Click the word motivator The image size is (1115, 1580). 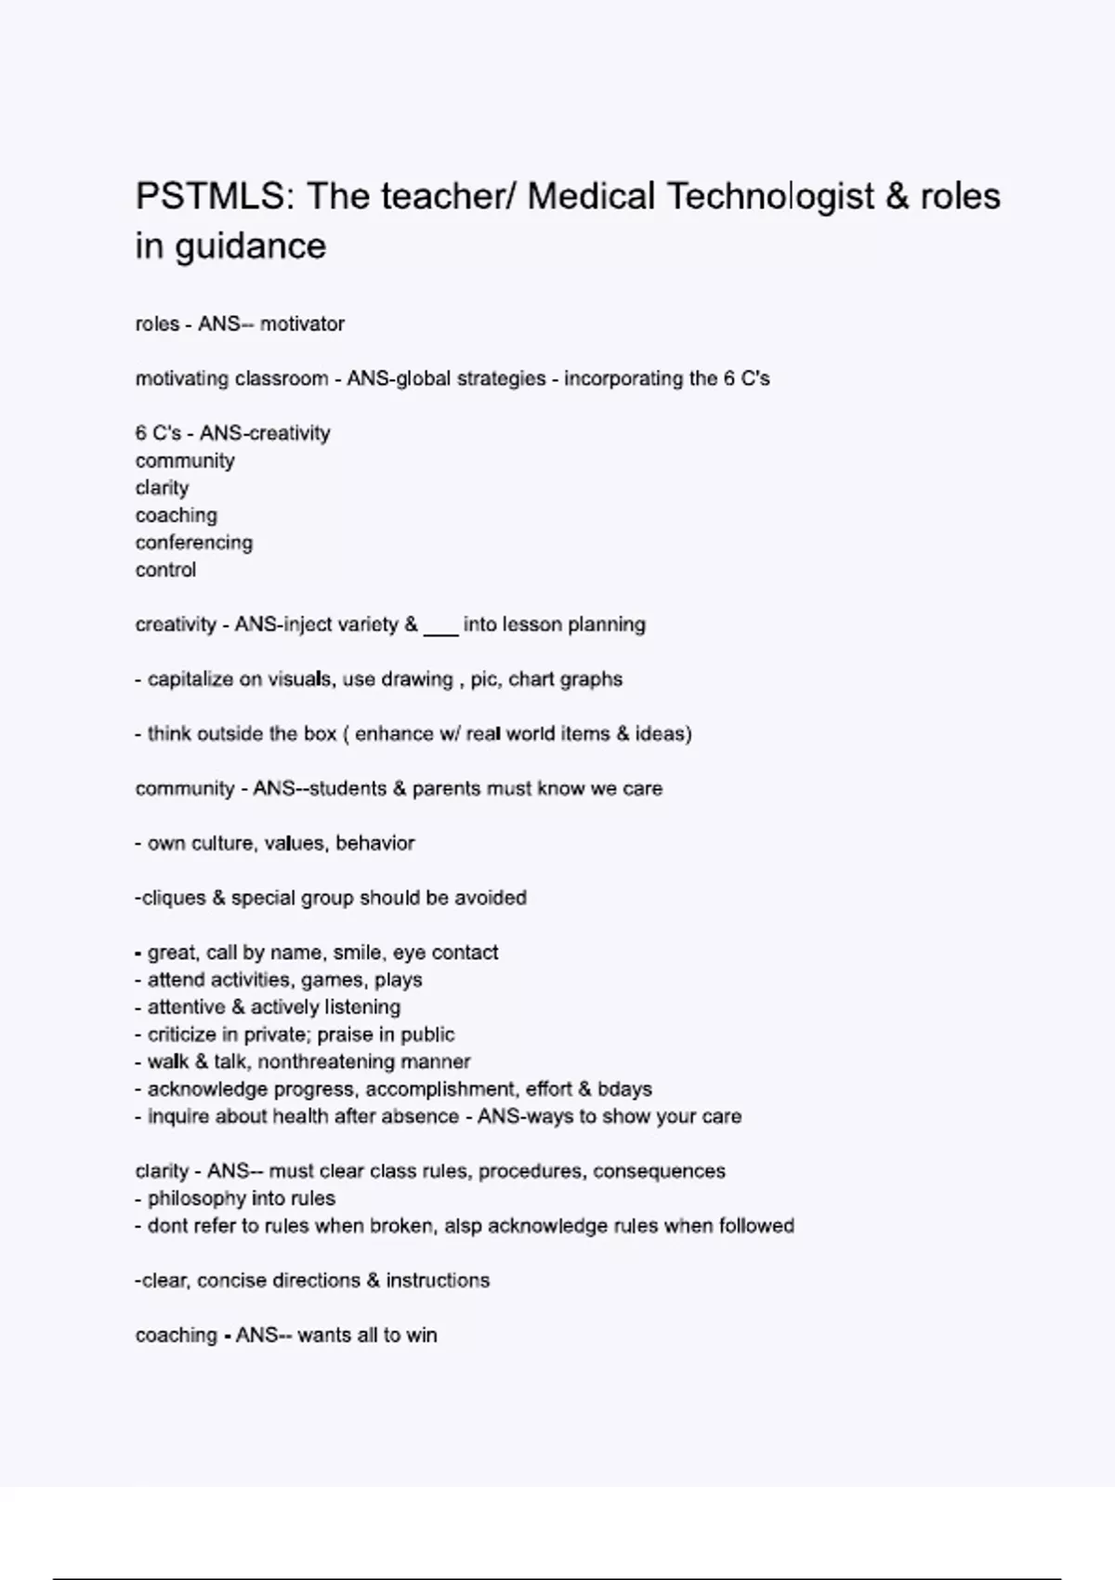click(302, 324)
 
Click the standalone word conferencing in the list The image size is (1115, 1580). click(193, 543)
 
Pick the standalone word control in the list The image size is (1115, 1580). click(165, 571)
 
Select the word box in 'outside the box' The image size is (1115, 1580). click(320, 734)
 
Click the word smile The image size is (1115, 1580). click(356, 953)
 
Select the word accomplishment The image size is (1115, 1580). click(439, 1089)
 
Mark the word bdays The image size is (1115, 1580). click(624, 1089)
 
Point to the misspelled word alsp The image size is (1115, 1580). click(462, 1226)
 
